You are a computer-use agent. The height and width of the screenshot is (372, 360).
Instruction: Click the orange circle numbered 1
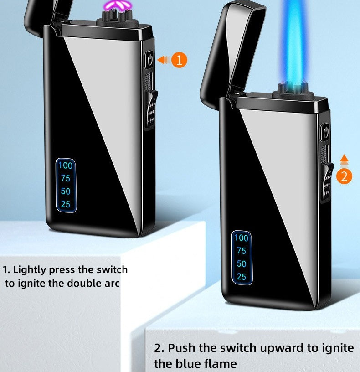[179, 60]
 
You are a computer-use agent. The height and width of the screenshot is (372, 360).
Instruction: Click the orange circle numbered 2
[344, 176]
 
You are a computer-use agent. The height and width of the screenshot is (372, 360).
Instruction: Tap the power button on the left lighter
[149, 60]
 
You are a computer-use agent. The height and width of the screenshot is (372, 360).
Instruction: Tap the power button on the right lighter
[325, 132]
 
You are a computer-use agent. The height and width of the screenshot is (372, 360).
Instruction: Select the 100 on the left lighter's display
[66, 165]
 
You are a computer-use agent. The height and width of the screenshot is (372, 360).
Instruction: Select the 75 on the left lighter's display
[66, 178]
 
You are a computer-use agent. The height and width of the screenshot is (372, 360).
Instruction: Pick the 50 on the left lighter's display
[66, 191]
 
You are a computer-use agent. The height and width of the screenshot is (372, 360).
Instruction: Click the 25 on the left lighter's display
[66, 204]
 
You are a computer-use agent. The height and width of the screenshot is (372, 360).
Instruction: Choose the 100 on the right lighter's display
[242, 238]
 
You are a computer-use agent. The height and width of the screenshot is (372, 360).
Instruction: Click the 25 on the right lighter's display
[242, 277]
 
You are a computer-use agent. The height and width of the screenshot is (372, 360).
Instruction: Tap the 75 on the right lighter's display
[242, 251]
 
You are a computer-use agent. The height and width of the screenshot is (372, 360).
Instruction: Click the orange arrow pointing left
[164, 60]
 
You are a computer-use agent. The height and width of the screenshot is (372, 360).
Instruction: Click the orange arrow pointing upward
[344, 160]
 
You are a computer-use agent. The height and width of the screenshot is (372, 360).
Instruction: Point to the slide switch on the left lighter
[151, 109]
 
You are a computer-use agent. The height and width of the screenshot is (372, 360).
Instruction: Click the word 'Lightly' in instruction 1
[30, 270]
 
